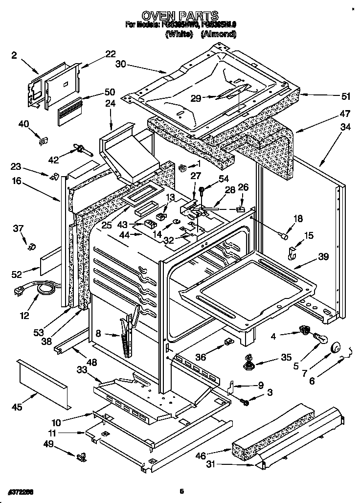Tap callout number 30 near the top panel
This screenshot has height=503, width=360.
pos(121,64)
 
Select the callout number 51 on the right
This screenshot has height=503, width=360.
pos(332,96)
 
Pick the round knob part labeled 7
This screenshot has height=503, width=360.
pos(336,347)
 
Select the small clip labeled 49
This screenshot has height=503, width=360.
pos(81,457)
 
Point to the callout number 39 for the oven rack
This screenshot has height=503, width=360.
pos(322,256)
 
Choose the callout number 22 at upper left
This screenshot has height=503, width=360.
pos(110,54)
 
